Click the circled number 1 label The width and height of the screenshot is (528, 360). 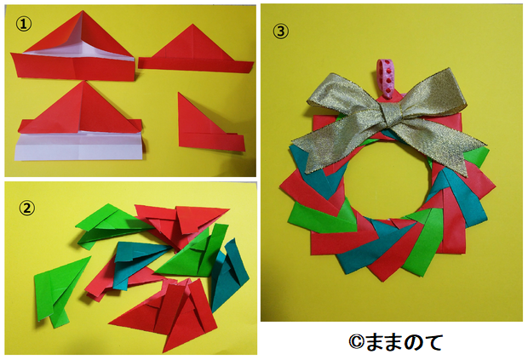[24, 24]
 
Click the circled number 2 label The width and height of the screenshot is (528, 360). [26, 209]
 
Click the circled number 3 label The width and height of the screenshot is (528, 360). [280, 31]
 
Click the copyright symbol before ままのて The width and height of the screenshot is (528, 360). [356, 342]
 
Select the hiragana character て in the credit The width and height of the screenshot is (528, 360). [432, 342]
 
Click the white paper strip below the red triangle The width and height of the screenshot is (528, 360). [81, 146]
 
